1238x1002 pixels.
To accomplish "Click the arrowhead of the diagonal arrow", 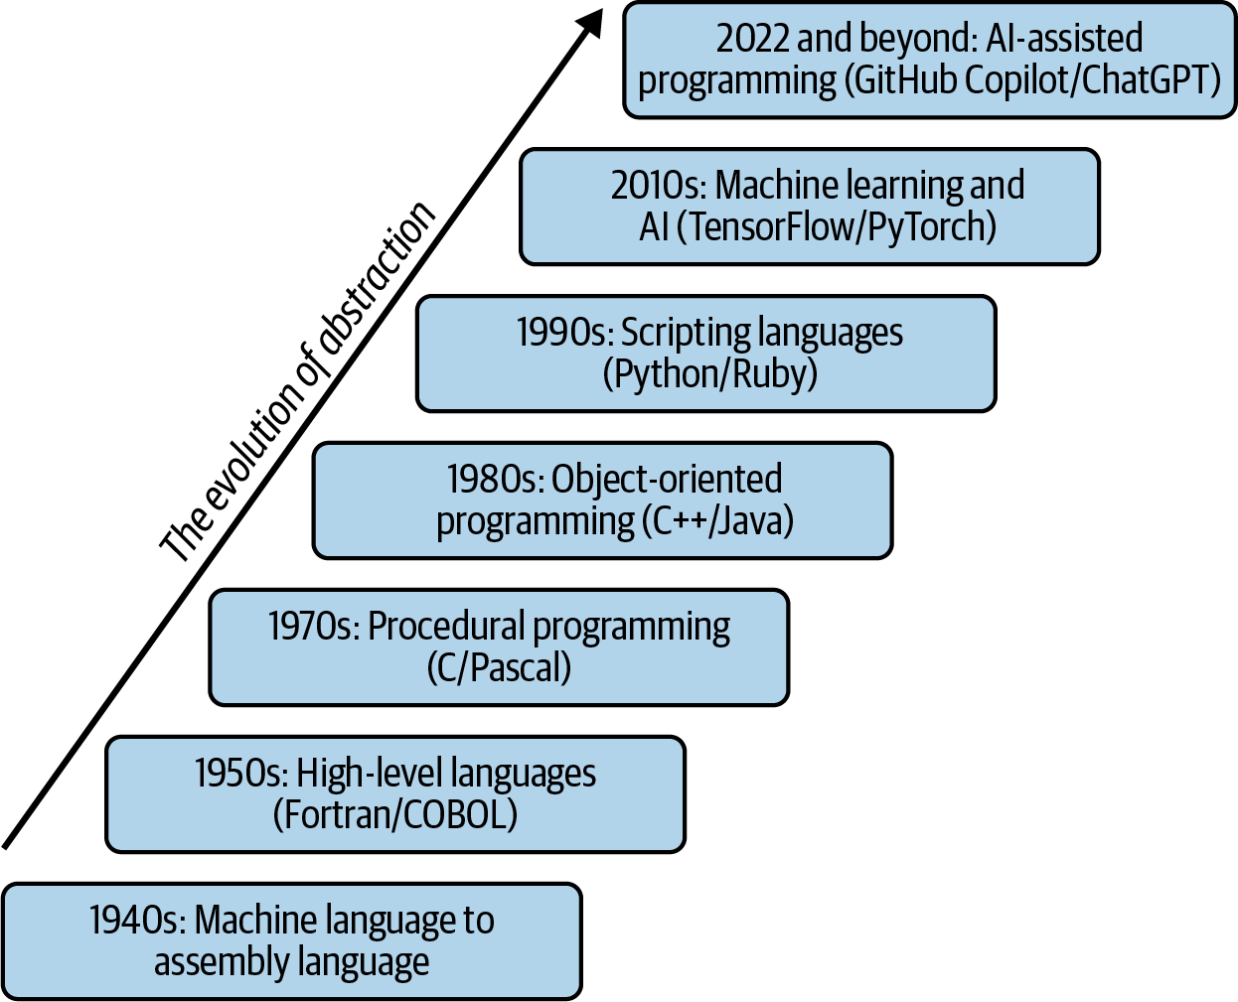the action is [x=590, y=23].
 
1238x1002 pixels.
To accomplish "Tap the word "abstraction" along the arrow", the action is [x=378, y=279].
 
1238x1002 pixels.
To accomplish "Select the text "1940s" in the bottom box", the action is [x=137, y=921].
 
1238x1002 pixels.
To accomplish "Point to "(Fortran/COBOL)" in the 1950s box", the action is [x=395, y=815].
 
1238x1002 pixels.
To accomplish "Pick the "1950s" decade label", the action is [x=241, y=774].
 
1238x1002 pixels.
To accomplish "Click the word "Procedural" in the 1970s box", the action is [x=446, y=627].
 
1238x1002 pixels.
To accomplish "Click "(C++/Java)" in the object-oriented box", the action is [x=717, y=521].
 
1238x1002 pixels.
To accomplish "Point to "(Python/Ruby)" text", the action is [x=710, y=374].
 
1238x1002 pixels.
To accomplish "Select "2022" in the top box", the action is [x=753, y=39].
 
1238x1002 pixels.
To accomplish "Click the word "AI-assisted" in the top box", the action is [x=1064, y=39].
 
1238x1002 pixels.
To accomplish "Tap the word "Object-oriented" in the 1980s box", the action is [x=667, y=480].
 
